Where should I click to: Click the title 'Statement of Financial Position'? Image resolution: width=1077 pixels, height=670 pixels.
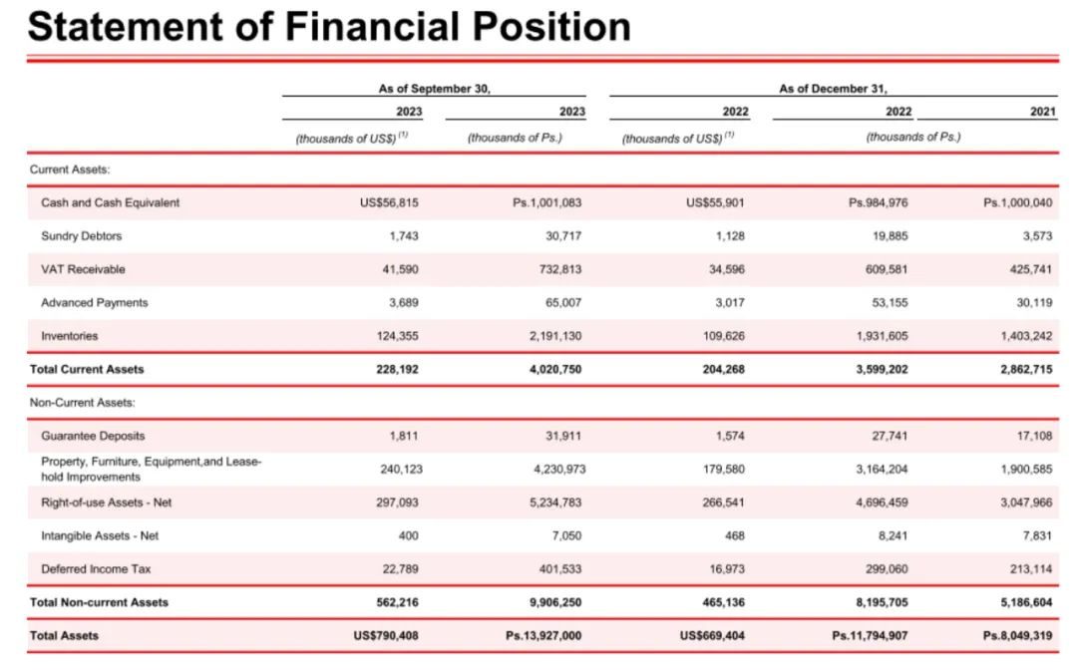329,26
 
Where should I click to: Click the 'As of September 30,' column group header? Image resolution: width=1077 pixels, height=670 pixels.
434,89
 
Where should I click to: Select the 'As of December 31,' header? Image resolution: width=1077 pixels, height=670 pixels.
833,89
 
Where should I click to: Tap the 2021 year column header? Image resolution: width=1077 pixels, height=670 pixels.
1042,112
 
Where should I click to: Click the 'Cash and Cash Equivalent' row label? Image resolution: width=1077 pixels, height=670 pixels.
111,202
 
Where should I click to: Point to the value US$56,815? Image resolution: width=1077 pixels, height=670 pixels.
389,202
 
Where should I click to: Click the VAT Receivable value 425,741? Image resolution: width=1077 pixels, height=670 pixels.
1030,269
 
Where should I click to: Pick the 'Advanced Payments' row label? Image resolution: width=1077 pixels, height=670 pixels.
95,302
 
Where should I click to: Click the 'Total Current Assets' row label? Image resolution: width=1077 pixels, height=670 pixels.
88,369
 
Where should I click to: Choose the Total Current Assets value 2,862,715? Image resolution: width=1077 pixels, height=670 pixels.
1025,369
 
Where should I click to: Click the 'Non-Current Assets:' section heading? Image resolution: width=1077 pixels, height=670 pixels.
83,403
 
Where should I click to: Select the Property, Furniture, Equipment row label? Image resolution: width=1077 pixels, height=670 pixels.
151,469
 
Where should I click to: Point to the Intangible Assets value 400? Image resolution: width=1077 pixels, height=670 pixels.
409,535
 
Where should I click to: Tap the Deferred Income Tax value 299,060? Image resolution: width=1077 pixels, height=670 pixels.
886,569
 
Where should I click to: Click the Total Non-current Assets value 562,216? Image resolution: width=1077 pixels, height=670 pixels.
397,602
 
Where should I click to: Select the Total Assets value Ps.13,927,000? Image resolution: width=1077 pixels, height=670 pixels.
543,635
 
